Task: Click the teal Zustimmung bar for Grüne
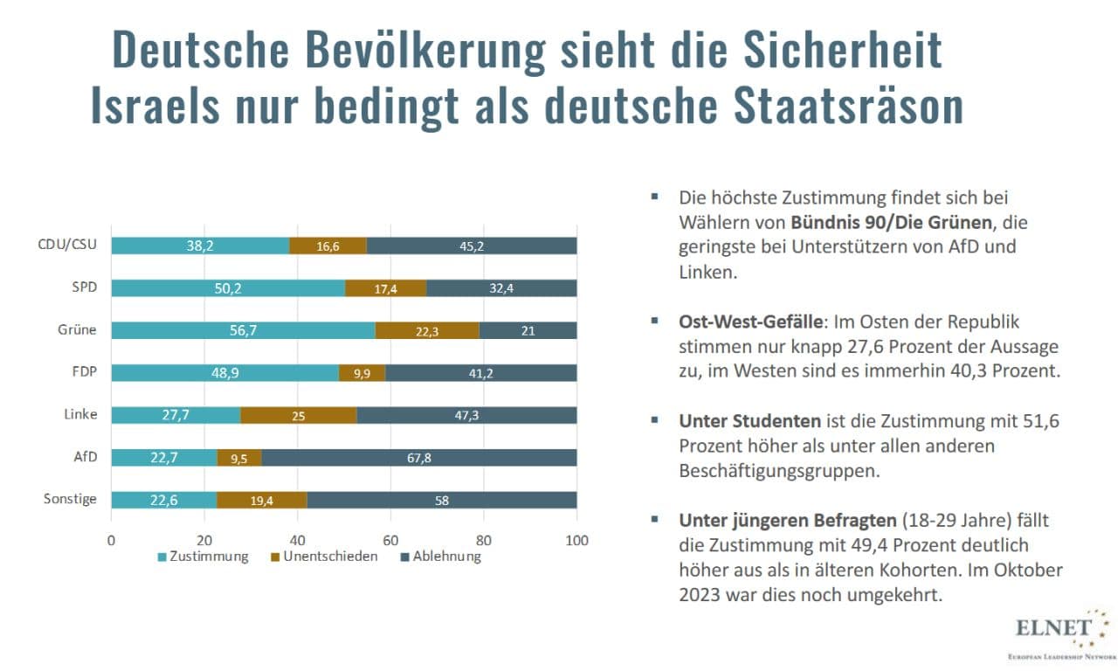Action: coord(243,330)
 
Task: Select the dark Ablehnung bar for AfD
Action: coord(419,457)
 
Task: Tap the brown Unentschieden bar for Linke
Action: coord(299,415)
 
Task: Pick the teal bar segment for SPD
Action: coord(228,288)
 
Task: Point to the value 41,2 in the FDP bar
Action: coord(480,373)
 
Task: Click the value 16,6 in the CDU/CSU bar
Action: coord(328,246)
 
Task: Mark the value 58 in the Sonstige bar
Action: coord(442,500)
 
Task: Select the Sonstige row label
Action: coord(70,500)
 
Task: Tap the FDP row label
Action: coord(84,372)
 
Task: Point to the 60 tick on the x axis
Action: coord(390,539)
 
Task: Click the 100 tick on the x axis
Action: coord(576,539)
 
